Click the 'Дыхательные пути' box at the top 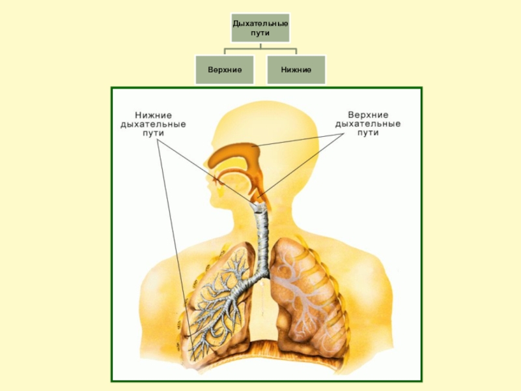pos(260,29)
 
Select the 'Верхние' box pos(225,69)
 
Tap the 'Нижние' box pos(296,69)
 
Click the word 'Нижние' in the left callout pos(154,114)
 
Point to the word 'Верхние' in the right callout pos(368,114)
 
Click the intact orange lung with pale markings pos(306,293)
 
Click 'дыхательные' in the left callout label pos(154,123)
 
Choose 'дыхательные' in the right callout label pos(368,123)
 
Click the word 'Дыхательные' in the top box pos(260,24)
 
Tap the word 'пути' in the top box pos(260,33)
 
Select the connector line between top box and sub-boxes pos(260,49)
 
